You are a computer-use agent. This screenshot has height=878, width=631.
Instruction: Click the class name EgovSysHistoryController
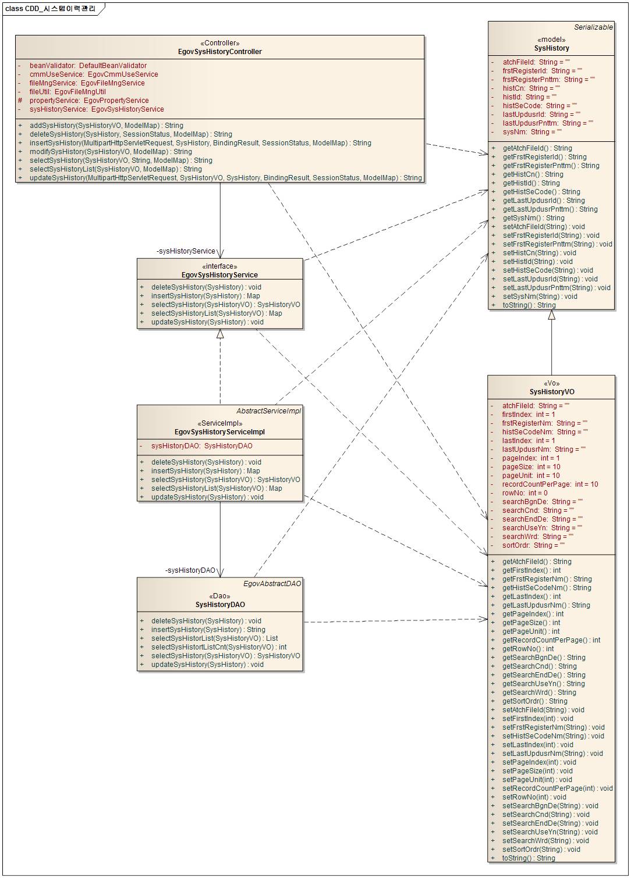(x=219, y=52)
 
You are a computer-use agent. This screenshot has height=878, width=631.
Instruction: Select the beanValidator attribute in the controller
(x=88, y=66)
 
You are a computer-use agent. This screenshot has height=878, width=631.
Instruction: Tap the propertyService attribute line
(x=89, y=101)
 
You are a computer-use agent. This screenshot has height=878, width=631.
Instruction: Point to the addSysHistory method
(x=106, y=126)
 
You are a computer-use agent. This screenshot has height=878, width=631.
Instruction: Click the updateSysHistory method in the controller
(x=225, y=178)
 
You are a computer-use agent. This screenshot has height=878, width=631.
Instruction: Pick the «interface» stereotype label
(x=219, y=266)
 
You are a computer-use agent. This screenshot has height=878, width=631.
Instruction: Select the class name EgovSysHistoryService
(x=219, y=275)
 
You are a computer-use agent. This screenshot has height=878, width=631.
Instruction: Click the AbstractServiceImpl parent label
(x=268, y=411)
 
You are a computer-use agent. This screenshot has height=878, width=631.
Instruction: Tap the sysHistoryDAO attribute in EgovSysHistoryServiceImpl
(x=201, y=446)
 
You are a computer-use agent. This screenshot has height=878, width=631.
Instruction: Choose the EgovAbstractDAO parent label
(x=272, y=584)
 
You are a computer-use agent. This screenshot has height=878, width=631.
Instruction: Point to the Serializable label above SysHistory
(x=593, y=27)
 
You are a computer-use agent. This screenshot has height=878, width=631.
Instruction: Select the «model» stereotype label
(x=551, y=40)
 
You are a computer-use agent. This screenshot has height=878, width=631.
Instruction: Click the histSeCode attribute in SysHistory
(x=540, y=106)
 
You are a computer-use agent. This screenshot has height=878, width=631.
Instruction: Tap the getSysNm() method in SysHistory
(x=533, y=218)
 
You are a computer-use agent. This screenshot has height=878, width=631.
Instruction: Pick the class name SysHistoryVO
(x=551, y=392)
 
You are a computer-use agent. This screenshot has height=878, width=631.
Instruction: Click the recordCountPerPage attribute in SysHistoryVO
(x=550, y=484)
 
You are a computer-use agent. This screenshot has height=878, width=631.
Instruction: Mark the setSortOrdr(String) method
(x=541, y=850)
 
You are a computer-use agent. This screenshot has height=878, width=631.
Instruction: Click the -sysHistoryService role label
(x=186, y=251)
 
